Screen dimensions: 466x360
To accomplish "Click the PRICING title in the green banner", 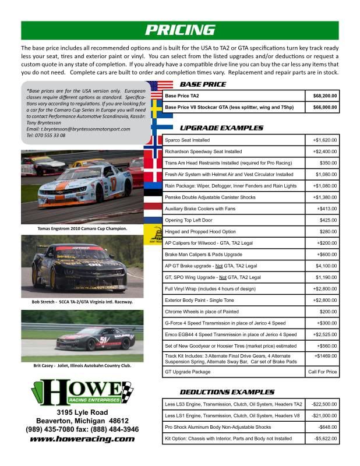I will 179,30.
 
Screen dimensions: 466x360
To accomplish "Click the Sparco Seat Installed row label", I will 187,140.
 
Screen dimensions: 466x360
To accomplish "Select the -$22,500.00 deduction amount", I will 323,404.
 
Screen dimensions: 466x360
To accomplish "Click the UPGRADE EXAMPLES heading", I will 221,128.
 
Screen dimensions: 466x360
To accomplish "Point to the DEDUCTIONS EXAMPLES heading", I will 227,392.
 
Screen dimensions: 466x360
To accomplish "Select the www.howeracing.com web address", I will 82,439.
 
